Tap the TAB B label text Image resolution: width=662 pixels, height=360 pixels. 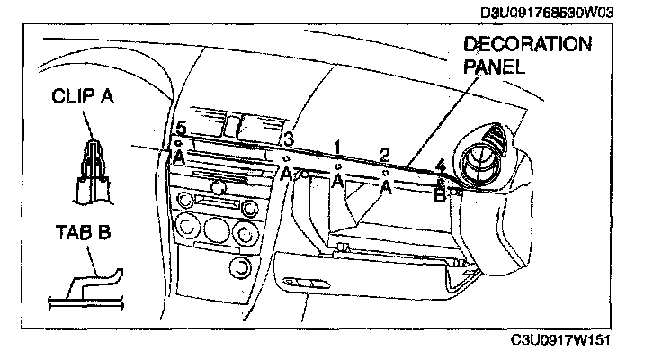point(81,233)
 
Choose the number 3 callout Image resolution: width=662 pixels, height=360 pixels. point(288,139)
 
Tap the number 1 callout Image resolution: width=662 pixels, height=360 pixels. point(336,146)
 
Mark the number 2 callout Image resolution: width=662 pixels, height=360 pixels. point(384,154)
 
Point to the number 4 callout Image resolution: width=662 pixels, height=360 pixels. point(440,166)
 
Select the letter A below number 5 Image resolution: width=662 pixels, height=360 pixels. point(179,157)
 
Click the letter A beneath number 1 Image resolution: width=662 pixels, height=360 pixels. point(337,182)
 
